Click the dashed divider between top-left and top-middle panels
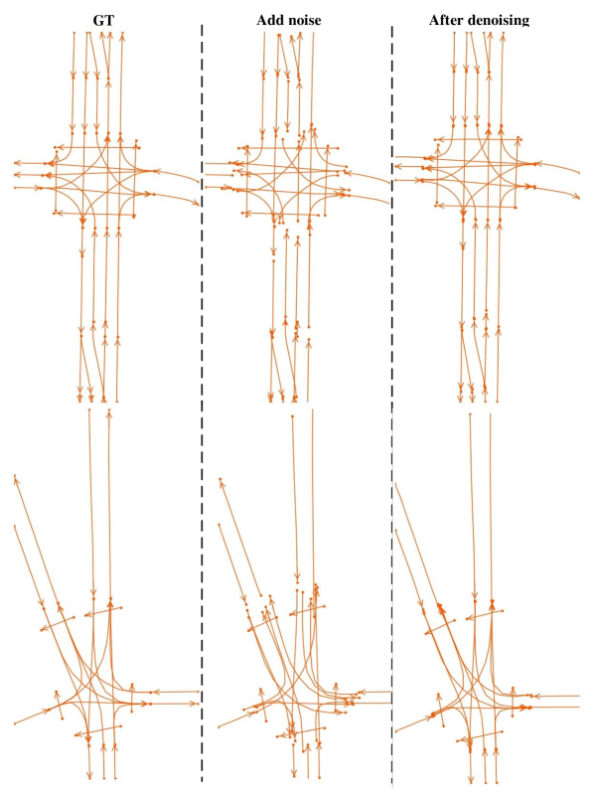(203, 199)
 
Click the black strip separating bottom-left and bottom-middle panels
(208, 596)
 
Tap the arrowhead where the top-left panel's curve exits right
(197, 204)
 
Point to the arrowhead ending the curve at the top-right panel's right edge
(578, 197)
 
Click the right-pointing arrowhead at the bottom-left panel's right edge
(148, 704)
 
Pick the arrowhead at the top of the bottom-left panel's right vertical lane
(109, 412)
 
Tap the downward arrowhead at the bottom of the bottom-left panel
(89, 774)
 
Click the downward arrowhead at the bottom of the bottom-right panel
(471, 779)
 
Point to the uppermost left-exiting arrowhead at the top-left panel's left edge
(17, 162)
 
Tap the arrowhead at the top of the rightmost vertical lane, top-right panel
(503, 37)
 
